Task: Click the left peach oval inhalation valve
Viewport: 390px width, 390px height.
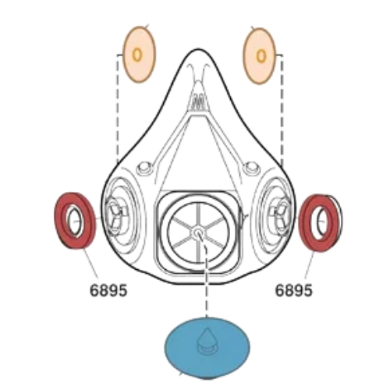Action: [139, 55]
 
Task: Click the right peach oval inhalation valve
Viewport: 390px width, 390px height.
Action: [260, 55]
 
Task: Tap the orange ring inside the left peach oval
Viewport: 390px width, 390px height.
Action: [137, 55]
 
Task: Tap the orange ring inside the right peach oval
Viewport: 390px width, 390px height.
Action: [261, 56]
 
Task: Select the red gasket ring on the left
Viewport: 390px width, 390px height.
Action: [60, 221]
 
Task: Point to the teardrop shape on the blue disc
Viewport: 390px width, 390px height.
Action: [207, 338]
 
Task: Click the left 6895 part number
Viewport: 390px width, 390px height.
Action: [108, 290]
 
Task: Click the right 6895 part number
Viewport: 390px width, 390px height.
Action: [293, 290]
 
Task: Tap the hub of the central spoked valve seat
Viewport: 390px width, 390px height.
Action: [198, 232]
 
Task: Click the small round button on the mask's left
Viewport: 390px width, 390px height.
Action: [144, 168]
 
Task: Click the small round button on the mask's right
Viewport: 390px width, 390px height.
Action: [251, 168]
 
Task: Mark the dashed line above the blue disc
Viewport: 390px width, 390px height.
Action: [206, 281]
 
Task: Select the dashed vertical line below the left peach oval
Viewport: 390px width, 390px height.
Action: [118, 109]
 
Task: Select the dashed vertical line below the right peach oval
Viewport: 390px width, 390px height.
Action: [282, 111]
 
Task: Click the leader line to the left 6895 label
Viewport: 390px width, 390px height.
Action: [90, 263]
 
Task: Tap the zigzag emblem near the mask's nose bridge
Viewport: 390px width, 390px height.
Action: [198, 103]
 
